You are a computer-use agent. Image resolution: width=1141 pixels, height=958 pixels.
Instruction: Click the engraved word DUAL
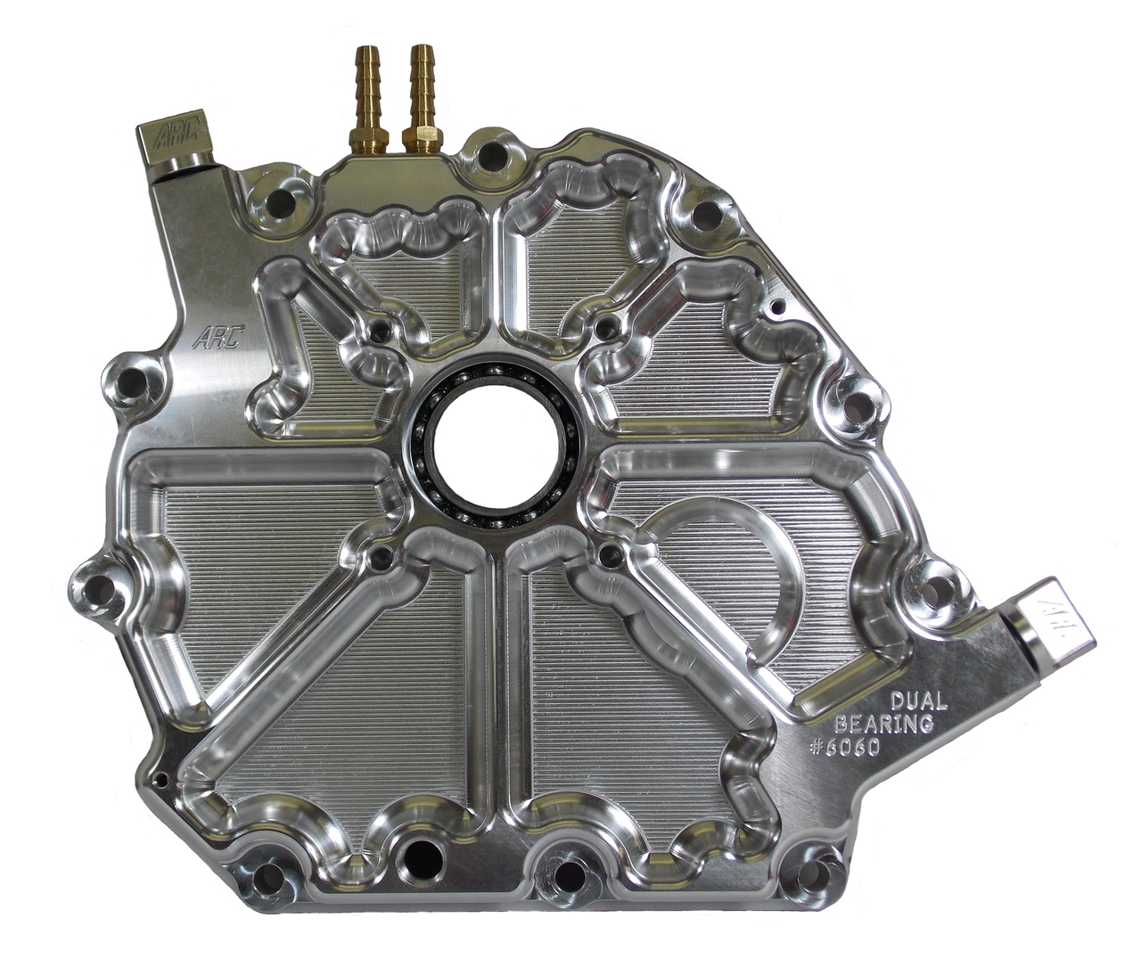[x=918, y=701]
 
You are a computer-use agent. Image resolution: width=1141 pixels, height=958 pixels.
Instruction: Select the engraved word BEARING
[x=884, y=725]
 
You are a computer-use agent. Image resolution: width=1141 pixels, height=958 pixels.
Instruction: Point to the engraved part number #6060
[x=844, y=747]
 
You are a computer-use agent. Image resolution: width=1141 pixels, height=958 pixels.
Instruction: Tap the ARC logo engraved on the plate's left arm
[x=218, y=337]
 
